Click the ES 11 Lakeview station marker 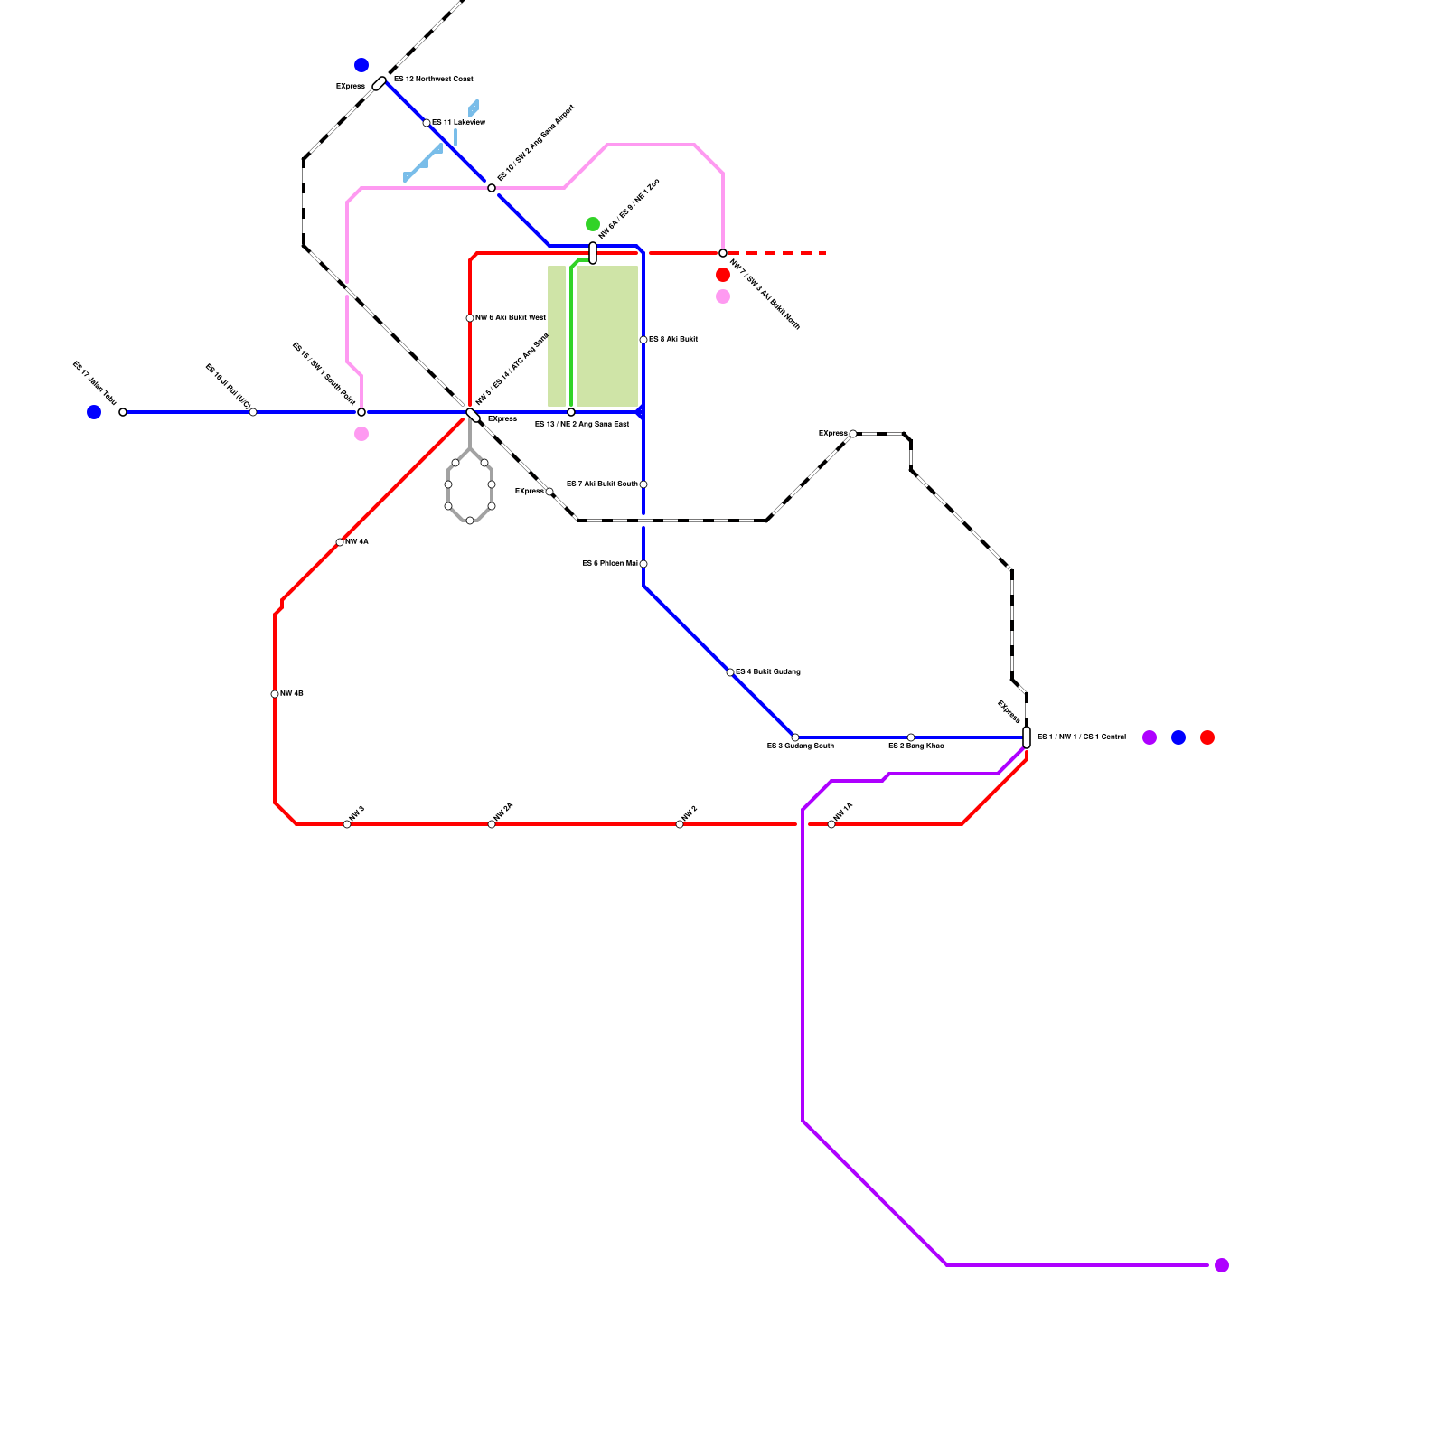click(427, 123)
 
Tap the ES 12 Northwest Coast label click(433, 80)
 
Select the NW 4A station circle click(340, 542)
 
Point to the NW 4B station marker click(275, 694)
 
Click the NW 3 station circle click(347, 824)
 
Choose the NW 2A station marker click(492, 824)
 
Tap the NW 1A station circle click(831, 824)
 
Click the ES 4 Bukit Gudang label click(767, 672)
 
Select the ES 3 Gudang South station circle click(795, 737)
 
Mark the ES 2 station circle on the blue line click(911, 737)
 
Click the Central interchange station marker click(1027, 737)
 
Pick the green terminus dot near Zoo click(593, 224)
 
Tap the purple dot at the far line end click(1222, 1265)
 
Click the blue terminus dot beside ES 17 click(94, 412)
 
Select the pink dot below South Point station click(361, 434)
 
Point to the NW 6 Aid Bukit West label click(511, 318)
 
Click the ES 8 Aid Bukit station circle click(643, 340)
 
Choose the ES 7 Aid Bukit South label click(602, 484)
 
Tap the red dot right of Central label click(1207, 737)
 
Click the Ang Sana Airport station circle click(492, 188)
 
